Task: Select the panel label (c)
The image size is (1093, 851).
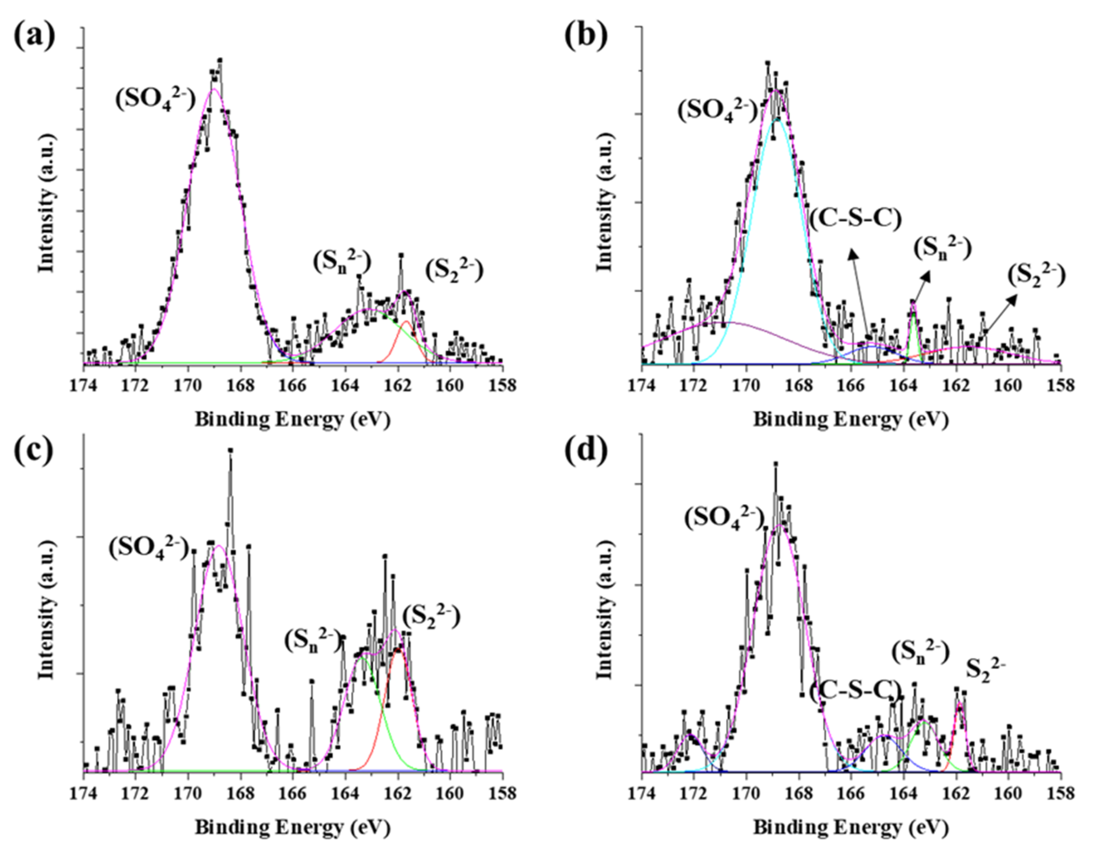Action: [34, 452]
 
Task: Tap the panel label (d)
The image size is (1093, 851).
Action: [586, 452]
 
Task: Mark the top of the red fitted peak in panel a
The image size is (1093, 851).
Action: [406, 322]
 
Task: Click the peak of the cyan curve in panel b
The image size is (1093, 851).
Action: [777, 119]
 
